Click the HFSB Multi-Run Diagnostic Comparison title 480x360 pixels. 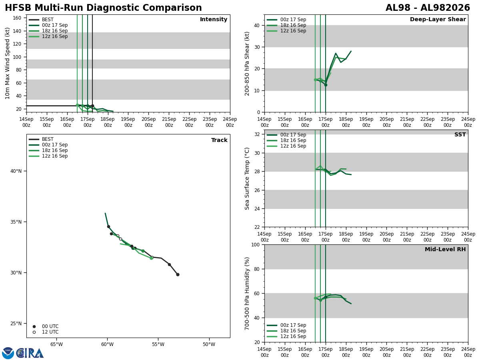[103, 8]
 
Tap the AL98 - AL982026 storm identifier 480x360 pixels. [428, 8]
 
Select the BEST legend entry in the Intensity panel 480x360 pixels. [41, 20]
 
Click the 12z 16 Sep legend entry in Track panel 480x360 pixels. [48, 156]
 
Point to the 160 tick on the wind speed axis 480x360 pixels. [17, 18]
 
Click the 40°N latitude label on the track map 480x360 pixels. [16, 171]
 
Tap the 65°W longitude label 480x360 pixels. [56, 344]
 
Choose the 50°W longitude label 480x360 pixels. [209, 344]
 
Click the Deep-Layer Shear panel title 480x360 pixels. [438, 19]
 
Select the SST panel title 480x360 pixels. [460, 134]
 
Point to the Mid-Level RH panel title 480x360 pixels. [445, 249]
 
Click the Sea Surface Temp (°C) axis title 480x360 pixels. [247, 178]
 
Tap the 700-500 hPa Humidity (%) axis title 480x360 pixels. [247, 294]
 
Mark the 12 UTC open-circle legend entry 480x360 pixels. [46, 332]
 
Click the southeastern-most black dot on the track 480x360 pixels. [178, 274]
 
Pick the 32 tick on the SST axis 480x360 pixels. [257, 134]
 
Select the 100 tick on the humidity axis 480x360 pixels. [255, 244]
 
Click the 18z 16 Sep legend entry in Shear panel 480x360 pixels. [286, 25]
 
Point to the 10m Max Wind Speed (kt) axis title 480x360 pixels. [7, 63]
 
